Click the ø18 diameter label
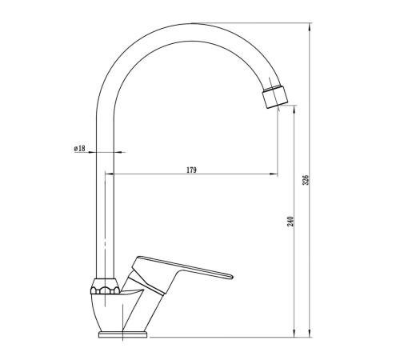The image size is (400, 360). pos(80,148)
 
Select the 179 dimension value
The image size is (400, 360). pos(191,170)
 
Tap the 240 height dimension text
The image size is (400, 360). pos(290,222)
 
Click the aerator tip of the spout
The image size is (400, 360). pos(275,98)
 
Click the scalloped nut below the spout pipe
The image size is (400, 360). pos(105,286)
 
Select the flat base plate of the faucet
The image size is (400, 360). pos(122,334)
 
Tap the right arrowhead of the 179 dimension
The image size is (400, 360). pos(274,174)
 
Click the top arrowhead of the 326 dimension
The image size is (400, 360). pos(310,27)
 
